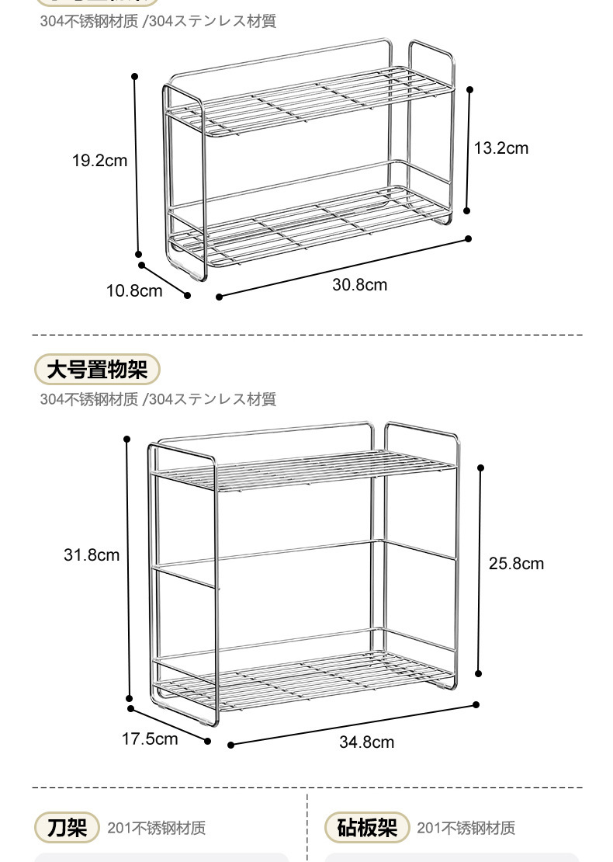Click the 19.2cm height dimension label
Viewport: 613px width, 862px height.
pyautogui.click(x=99, y=161)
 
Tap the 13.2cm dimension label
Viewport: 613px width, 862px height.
pyautogui.click(x=501, y=148)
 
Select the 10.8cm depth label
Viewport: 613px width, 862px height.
pyautogui.click(x=134, y=290)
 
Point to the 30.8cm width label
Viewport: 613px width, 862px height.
pyautogui.click(x=360, y=284)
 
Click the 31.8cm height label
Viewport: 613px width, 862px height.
pyautogui.click(x=92, y=554)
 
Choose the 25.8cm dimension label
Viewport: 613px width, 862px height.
pyautogui.click(x=516, y=563)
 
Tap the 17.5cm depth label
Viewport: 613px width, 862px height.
pyautogui.click(x=150, y=738)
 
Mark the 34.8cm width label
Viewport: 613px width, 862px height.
pyautogui.click(x=367, y=742)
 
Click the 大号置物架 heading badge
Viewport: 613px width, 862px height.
pyautogui.click(x=97, y=370)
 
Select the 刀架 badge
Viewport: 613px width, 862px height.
pyautogui.click(x=67, y=828)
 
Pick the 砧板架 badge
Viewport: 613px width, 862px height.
pyautogui.click(x=367, y=828)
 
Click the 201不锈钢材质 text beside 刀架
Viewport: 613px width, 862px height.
pyautogui.click(x=157, y=828)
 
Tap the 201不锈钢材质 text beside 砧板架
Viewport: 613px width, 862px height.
pyautogui.click(x=466, y=828)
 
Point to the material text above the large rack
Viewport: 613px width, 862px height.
pyautogui.click(x=158, y=399)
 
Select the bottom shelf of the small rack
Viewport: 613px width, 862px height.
pyautogui.click(x=310, y=225)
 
